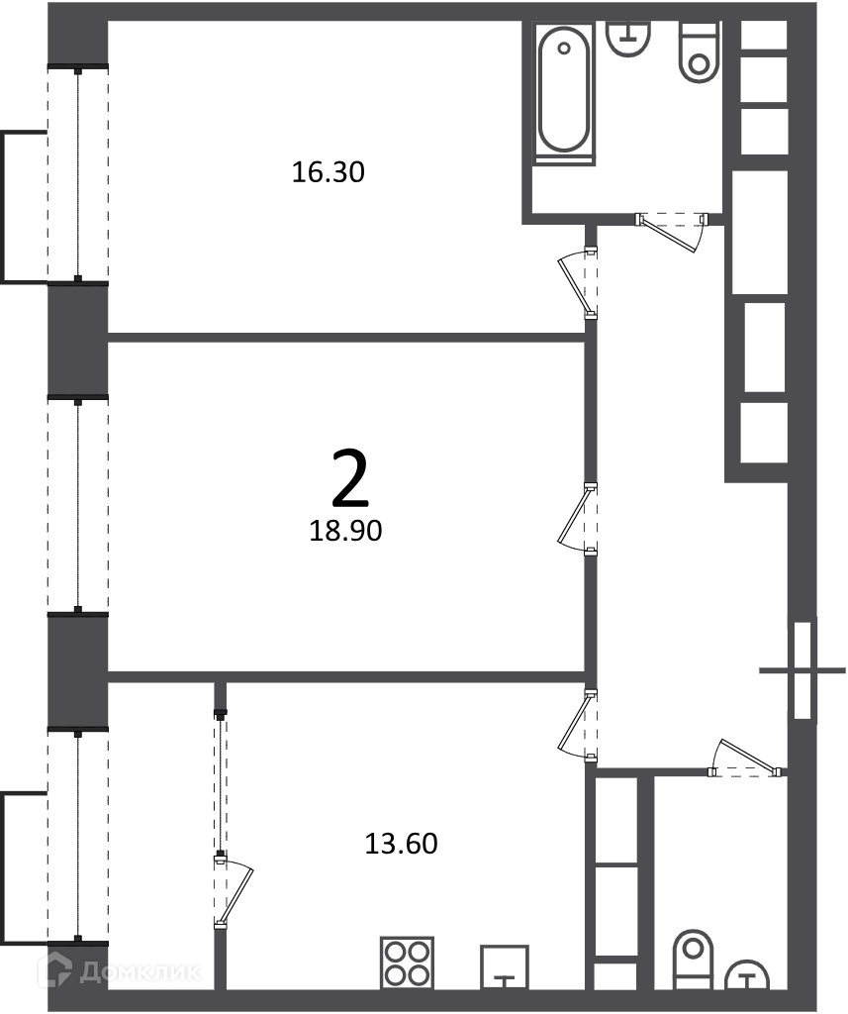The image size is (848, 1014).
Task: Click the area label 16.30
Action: [x=329, y=172]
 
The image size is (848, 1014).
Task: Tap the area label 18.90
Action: [x=345, y=531]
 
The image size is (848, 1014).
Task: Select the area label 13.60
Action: [x=402, y=844]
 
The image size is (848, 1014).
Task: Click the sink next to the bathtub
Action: [x=628, y=38]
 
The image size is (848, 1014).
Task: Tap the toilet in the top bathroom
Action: [x=699, y=51]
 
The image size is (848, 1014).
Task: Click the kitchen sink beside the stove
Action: [x=504, y=966]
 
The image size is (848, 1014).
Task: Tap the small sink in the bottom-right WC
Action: [x=747, y=973]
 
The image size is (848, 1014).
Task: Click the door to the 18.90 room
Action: [x=577, y=519]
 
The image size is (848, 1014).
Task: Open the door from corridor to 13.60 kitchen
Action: [x=577, y=726]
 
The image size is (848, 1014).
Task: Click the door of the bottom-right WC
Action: [x=746, y=757]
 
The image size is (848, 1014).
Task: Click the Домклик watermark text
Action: [x=140, y=971]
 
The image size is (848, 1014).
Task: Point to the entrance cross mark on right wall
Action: [x=802, y=670]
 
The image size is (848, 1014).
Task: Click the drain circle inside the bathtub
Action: [x=564, y=48]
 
